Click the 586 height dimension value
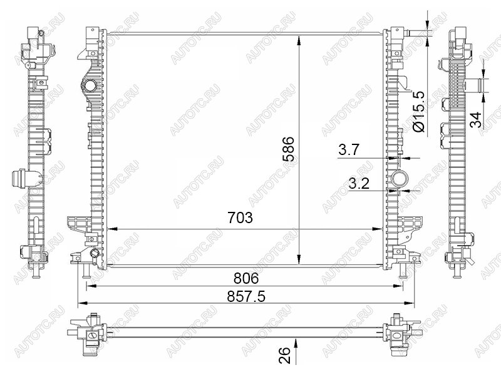[289, 149]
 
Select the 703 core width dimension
[240, 217]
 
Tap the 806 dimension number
[246, 279]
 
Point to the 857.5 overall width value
[246, 297]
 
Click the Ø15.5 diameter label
[418, 112]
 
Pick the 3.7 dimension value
[349, 149]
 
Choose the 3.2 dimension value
[359, 184]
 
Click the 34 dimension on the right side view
[476, 119]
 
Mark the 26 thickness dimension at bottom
[284, 356]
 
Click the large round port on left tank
[89, 86]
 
